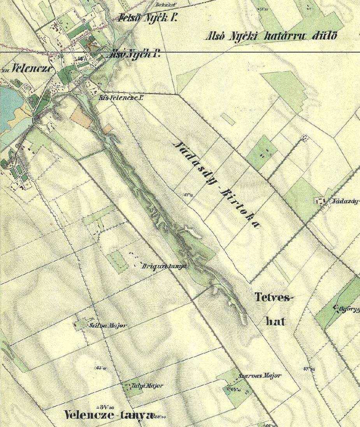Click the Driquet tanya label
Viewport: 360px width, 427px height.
pos(164,266)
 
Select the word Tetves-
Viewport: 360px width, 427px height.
pos(274,298)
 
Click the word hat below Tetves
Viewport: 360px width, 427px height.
pos(275,321)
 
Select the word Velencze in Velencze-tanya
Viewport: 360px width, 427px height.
pos(88,415)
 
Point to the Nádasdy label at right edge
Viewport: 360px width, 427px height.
pos(346,201)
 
